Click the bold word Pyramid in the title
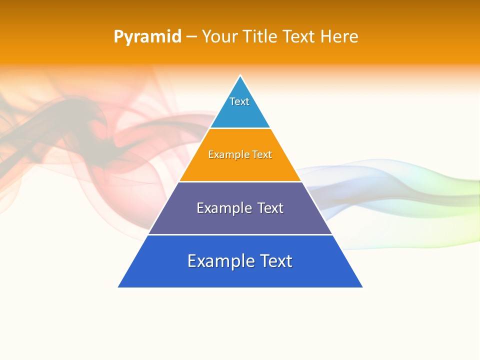pos(147,37)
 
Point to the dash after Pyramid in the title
pos(191,37)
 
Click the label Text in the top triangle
pos(239,101)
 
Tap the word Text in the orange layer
pos(262,154)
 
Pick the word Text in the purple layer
pos(270,208)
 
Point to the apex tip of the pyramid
pos(240,76)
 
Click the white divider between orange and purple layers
pos(240,181)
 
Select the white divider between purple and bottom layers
pos(240,234)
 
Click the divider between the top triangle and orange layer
pos(240,128)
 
